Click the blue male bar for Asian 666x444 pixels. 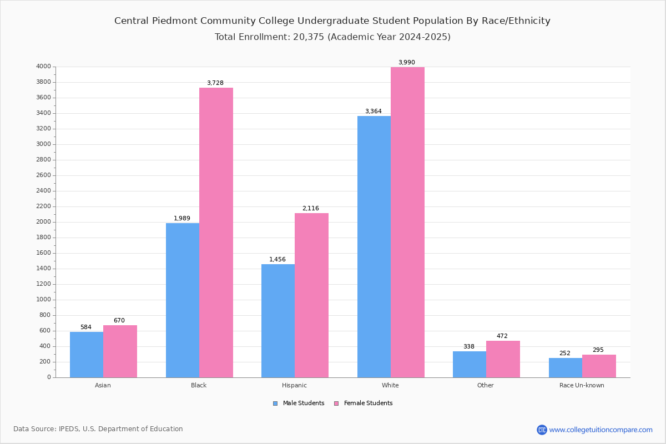coord(87,355)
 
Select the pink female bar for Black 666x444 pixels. coord(216,233)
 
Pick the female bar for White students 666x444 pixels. coord(407,222)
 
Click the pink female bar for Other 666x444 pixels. coord(503,359)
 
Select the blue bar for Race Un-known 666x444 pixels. coord(566,367)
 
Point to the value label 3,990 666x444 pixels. coord(406,63)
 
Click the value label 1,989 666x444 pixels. coord(182,219)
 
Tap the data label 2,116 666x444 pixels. coord(311,209)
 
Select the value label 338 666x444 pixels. coord(469,347)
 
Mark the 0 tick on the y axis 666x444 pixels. coord(49,377)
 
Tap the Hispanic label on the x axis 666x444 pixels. coord(294,385)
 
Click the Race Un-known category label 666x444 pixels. coord(582,385)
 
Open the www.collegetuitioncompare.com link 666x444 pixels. coord(601,430)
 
